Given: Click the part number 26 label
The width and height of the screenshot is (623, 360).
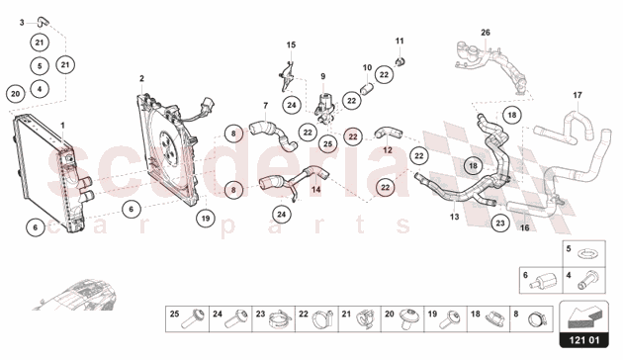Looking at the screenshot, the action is coord(486,33).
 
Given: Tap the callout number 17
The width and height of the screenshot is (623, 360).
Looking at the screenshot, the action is coord(578,95).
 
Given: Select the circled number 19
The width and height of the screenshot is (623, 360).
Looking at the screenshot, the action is coord(206,219).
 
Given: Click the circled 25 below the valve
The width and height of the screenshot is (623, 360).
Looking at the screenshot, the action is coord(327,143).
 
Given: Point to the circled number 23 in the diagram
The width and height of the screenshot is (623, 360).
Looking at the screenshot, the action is coord(500,223).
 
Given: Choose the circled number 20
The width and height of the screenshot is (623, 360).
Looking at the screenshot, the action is coord(16,94).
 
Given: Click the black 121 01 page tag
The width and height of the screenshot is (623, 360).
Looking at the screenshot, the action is coord(584,340).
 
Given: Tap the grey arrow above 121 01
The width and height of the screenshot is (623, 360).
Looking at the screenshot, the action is coord(584,316).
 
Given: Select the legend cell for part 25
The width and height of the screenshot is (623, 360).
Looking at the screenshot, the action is coord(187,318).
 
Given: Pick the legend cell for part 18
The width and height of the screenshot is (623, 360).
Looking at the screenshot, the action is coord(489,318).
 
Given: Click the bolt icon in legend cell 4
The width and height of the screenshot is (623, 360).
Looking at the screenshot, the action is coord(587,280).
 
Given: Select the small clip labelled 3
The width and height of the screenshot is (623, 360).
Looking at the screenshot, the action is coord(41,21).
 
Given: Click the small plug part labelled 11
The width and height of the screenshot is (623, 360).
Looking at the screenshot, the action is coord(400,61).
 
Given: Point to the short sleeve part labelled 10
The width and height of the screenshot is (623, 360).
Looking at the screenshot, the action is coord(366,88).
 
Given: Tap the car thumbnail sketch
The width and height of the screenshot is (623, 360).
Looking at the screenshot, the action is coord(75,295).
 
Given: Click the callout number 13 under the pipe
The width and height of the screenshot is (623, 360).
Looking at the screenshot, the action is coord(455,217).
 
